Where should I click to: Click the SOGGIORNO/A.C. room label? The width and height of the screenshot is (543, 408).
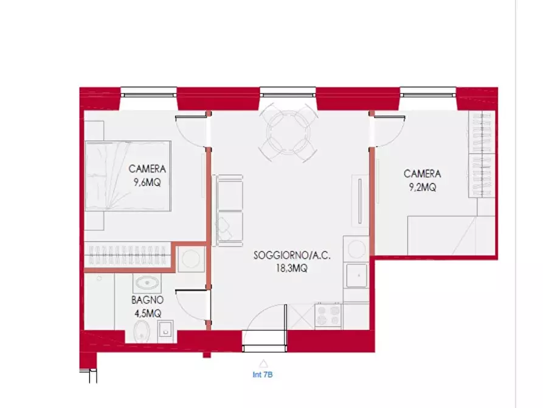pos(292,256)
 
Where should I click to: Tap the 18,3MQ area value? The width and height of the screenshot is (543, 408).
pos(292,268)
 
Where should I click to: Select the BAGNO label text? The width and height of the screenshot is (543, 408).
pos(147,300)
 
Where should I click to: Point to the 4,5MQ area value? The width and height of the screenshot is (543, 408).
pos(147,312)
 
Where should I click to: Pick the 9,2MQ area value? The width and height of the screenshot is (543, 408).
pos(422,187)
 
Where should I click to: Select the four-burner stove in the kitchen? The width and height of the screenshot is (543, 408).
pos(328,315)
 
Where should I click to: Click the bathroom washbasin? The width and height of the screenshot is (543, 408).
pos(146,283)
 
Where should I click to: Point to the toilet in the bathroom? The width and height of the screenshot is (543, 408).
pos(140,332)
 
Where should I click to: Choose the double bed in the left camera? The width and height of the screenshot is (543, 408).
pos(126,177)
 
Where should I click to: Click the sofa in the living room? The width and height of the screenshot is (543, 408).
pos(229,211)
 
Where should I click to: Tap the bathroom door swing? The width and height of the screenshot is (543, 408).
pos(191,304)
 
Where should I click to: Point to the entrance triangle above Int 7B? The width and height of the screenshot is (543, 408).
pos(263,363)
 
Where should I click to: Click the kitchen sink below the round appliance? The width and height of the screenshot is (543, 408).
pos(356,275)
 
